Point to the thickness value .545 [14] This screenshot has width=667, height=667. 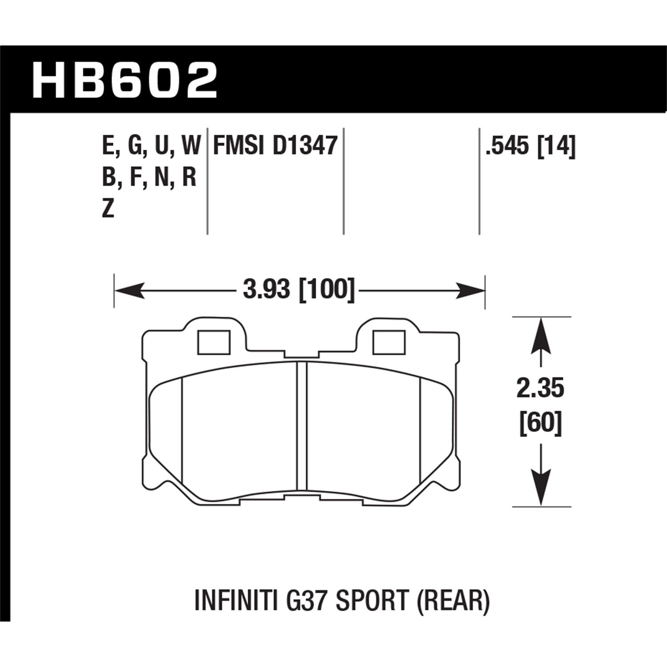530,145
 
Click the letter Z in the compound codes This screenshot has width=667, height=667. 108,208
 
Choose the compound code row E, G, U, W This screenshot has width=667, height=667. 151,145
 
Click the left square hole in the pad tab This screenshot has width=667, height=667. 214,342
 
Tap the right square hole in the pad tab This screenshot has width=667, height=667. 389,342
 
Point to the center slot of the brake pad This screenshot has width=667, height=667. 301,425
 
